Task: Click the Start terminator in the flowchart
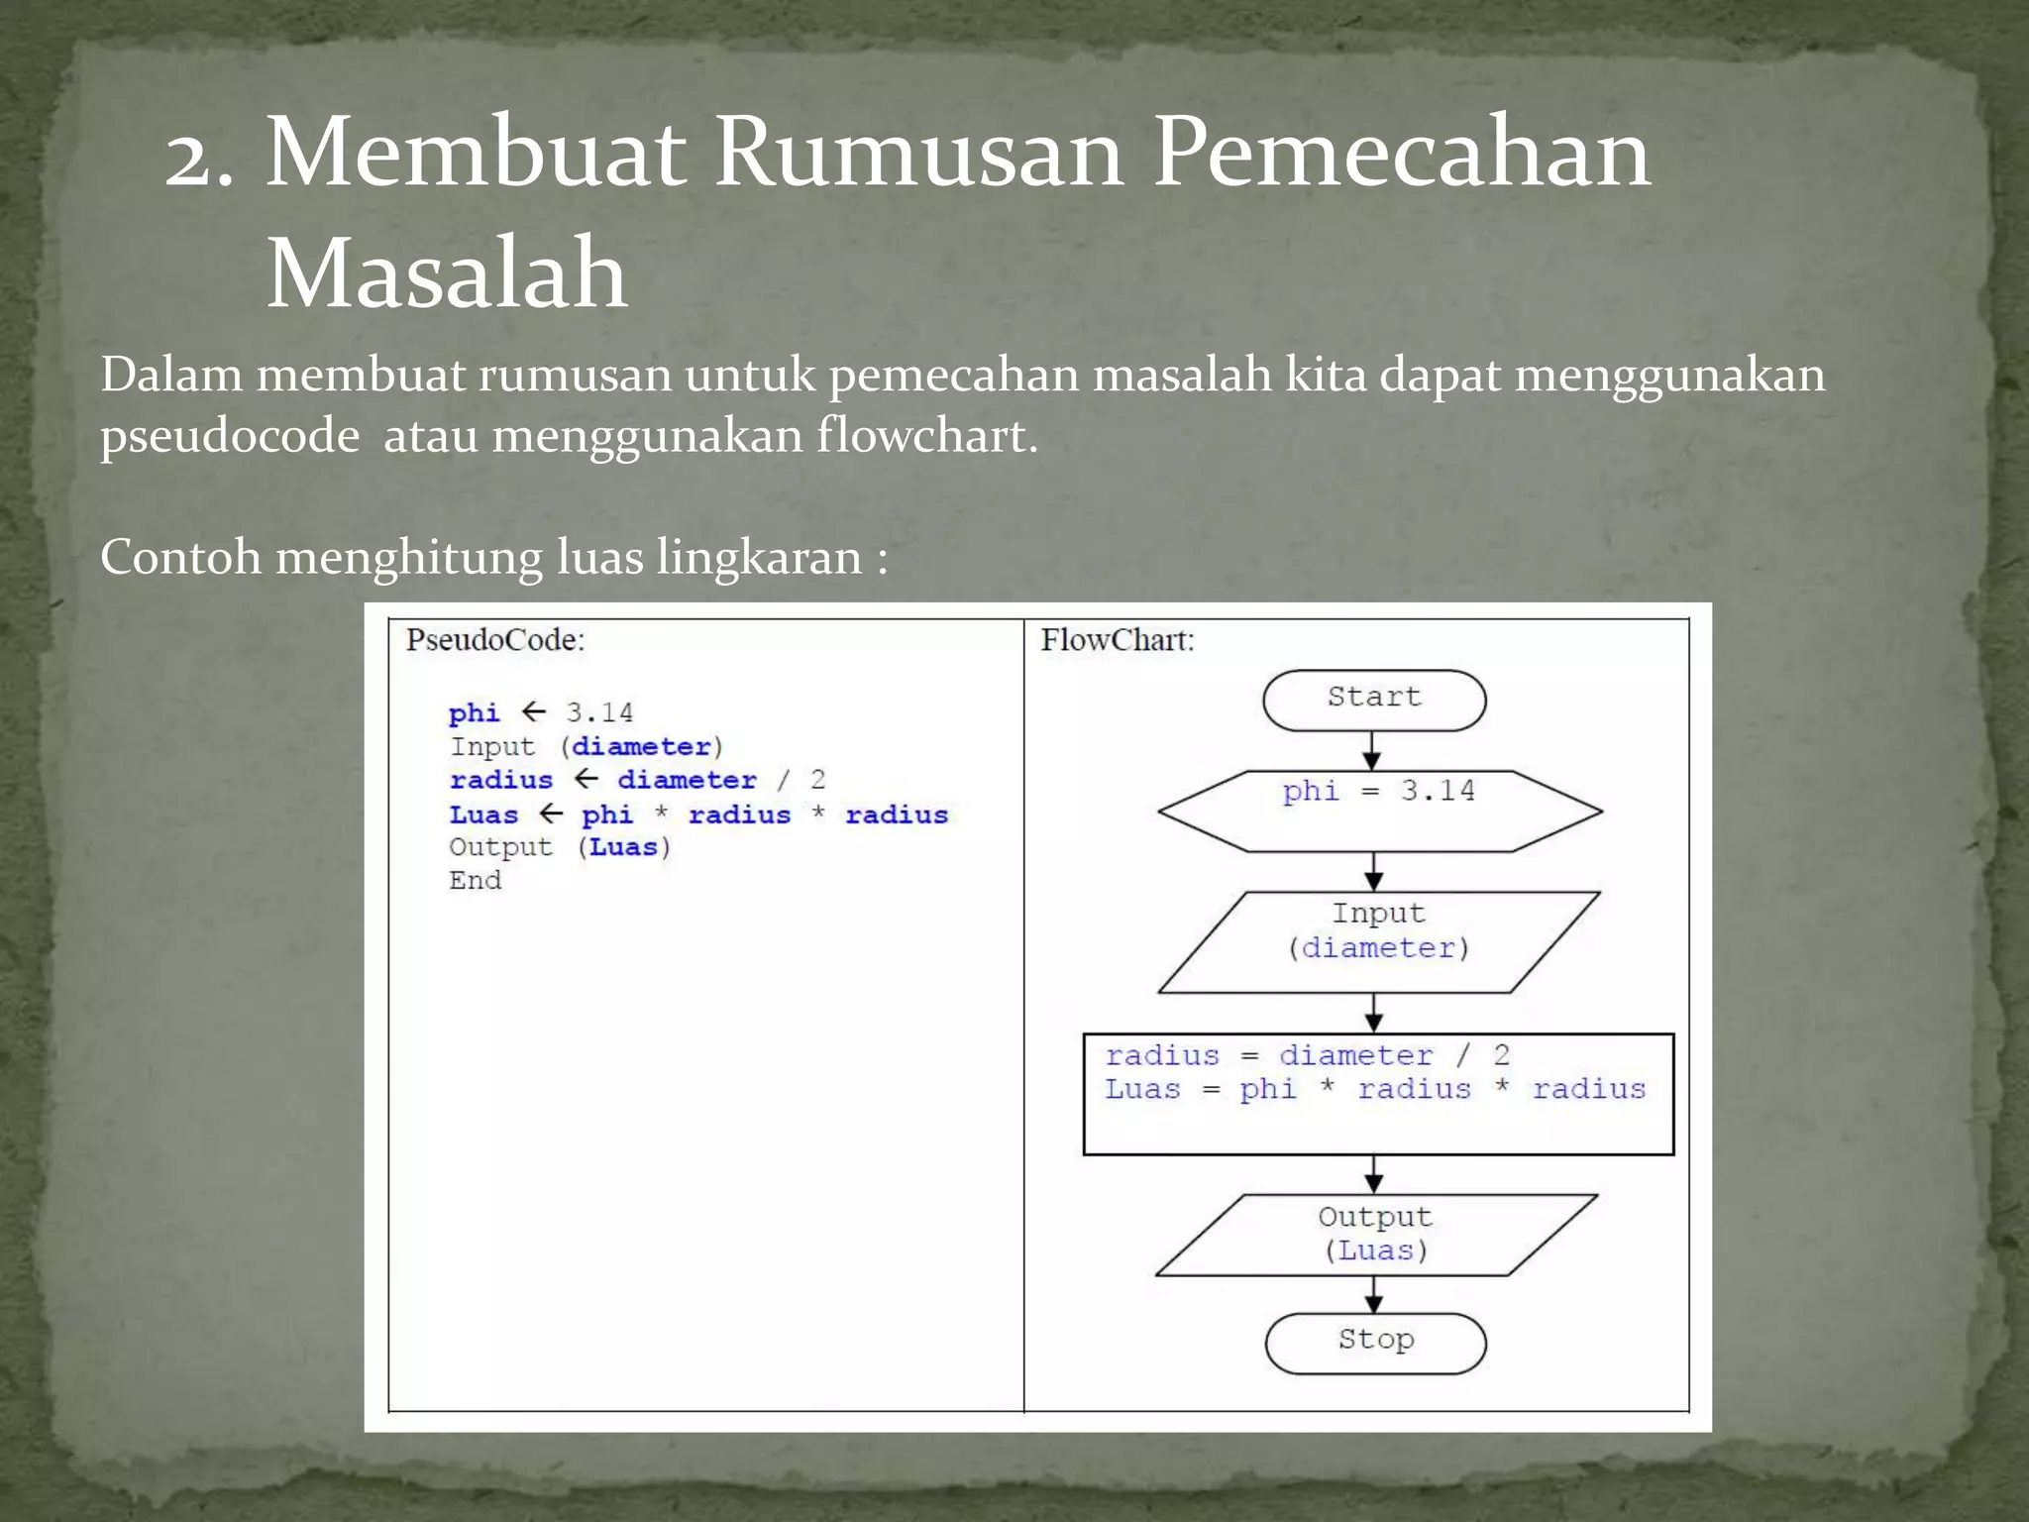pos(1374,700)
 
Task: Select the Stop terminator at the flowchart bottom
pos(1375,1343)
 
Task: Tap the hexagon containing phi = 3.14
pos(1379,811)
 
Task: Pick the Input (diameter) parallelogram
pos(1379,941)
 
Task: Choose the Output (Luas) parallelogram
pos(1376,1235)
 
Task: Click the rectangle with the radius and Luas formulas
pos(1378,1094)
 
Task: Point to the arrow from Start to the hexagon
pos(1372,751)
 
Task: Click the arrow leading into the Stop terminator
pos(1373,1294)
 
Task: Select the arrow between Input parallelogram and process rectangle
pos(1374,1013)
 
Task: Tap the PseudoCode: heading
pos(495,640)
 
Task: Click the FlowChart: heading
pos(1117,640)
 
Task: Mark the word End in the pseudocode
pos(476,881)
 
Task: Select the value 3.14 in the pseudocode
pos(599,712)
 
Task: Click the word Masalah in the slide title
pos(447,272)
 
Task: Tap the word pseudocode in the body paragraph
pos(230,436)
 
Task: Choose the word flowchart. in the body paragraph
pos(927,436)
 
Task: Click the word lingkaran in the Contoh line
pos(759,557)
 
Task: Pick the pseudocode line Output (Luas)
pos(560,847)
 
